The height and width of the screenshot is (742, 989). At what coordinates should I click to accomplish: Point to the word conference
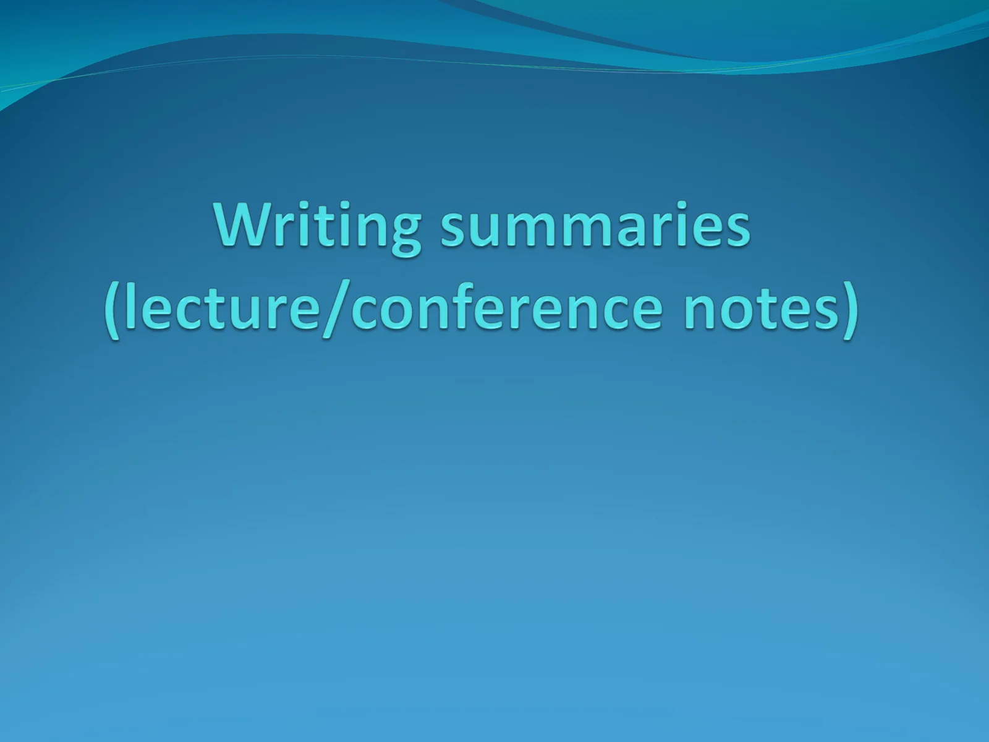click(x=506, y=307)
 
